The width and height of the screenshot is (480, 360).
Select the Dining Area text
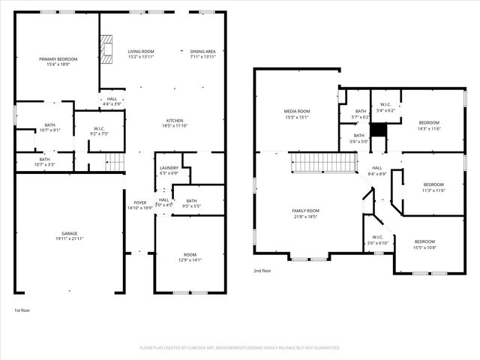pos(202,54)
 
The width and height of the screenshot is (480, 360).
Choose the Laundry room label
pos(169,170)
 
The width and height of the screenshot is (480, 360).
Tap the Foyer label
pos(140,205)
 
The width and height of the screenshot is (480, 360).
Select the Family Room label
pos(305,214)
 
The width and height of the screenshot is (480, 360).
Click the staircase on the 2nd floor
pos(322,162)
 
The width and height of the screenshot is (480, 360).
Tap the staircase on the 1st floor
pos(114,161)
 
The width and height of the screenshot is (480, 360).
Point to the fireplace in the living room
pos(107,49)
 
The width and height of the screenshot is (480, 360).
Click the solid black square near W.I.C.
pos(378,129)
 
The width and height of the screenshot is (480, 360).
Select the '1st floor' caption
pos(23,310)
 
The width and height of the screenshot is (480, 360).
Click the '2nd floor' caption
pos(262,270)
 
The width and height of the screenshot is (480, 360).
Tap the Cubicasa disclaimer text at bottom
pos(240,348)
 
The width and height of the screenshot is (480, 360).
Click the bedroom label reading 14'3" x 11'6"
pos(429,125)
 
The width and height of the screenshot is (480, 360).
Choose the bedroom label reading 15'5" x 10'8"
pos(424,244)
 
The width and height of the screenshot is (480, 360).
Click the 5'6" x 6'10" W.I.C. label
pos(376,241)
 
